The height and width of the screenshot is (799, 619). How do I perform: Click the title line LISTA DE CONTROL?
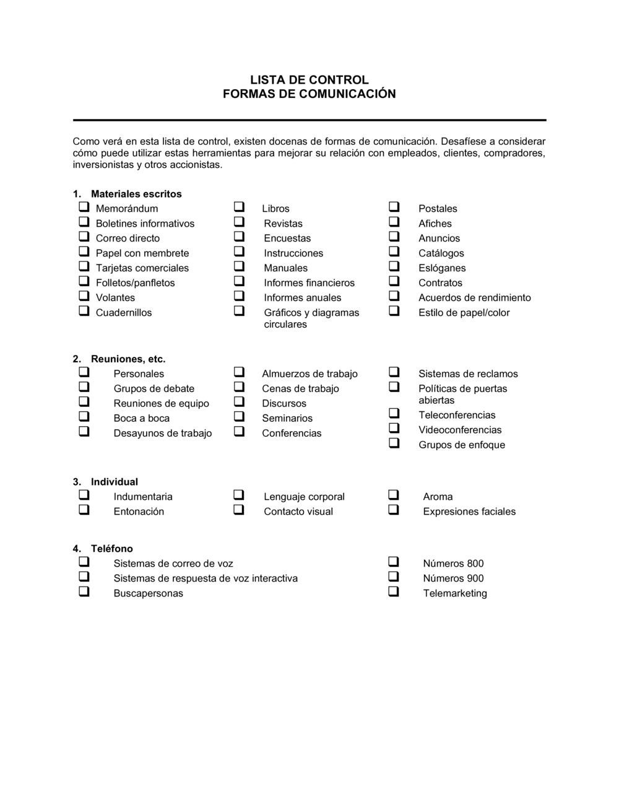pyautogui.click(x=309, y=80)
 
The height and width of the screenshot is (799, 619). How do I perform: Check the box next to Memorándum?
pyautogui.click(x=84, y=207)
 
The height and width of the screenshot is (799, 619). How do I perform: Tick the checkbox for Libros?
pyautogui.click(x=239, y=207)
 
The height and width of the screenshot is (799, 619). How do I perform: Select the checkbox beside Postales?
pyautogui.click(x=394, y=207)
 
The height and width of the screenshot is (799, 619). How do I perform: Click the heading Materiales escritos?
pyautogui.click(x=136, y=194)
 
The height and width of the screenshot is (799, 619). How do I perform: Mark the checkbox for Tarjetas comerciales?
pyautogui.click(x=84, y=266)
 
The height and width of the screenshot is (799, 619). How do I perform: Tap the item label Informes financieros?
pyautogui.click(x=309, y=283)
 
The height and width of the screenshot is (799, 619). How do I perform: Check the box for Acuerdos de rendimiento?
pyautogui.click(x=394, y=296)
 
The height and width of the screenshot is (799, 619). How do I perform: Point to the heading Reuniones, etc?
pyautogui.click(x=128, y=359)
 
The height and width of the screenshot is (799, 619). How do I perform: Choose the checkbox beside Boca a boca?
pyautogui.click(x=84, y=417)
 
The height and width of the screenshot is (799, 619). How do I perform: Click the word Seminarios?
pyautogui.click(x=287, y=419)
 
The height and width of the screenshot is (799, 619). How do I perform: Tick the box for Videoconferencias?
pyautogui.click(x=394, y=429)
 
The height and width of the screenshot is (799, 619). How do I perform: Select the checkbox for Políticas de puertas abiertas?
pyautogui.click(x=394, y=387)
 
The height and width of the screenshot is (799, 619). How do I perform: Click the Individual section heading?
pyautogui.click(x=115, y=482)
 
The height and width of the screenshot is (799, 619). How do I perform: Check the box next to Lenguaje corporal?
pyautogui.click(x=239, y=495)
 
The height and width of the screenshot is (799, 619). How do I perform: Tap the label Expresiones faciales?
pyautogui.click(x=469, y=512)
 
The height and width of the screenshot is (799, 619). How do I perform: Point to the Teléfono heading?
pyautogui.click(x=112, y=549)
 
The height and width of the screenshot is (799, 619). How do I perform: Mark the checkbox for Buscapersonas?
pyautogui.click(x=84, y=592)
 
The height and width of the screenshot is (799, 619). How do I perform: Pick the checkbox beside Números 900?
pyautogui.click(x=394, y=577)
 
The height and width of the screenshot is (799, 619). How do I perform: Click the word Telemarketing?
pyautogui.click(x=455, y=593)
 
